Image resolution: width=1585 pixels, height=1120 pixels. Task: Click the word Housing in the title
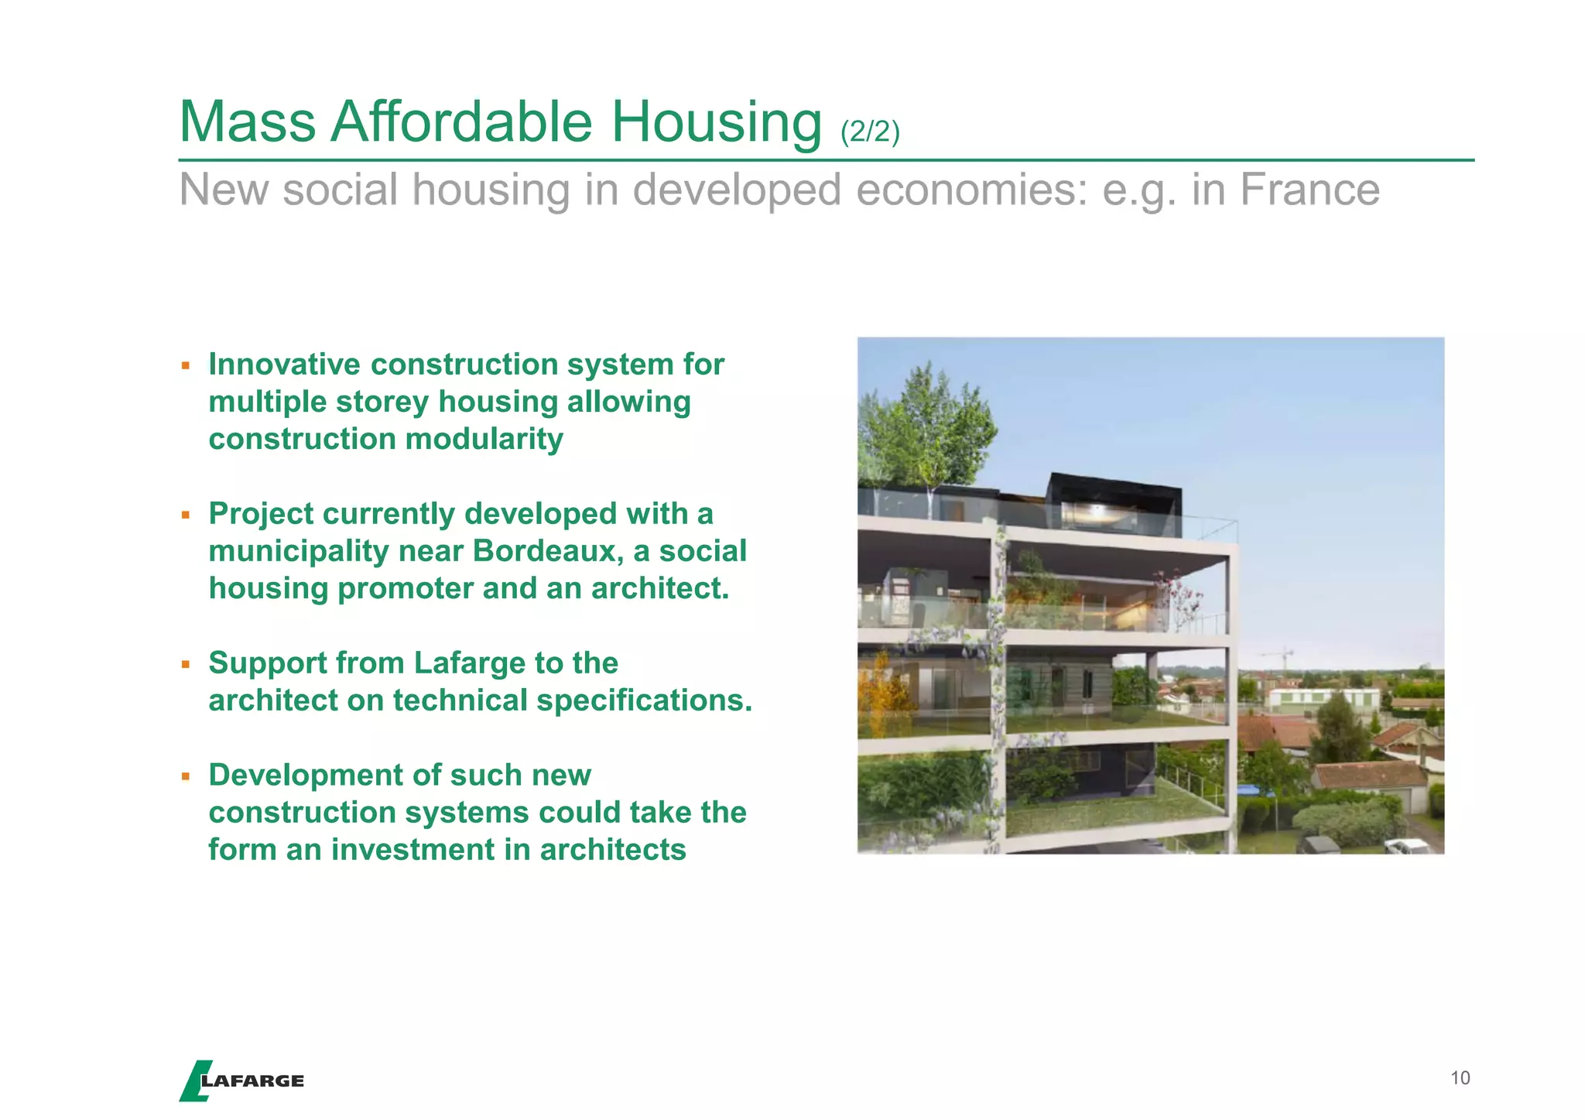(x=716, y=122)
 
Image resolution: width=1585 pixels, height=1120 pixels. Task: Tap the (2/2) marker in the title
(x=870, y=132)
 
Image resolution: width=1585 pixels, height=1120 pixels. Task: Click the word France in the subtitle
(x=1309, y=190)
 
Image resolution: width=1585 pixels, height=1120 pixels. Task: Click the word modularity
(x=484, y=439)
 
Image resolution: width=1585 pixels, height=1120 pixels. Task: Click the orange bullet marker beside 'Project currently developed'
(x=186, y=514)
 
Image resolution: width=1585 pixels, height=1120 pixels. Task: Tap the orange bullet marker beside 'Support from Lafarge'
(x=186, y=663)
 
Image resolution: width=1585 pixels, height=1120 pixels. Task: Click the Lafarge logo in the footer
(x=241, y=1081)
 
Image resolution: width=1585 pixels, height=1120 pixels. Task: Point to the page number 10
(x=1460, y=1078)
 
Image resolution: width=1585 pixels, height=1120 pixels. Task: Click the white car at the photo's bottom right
(x=1407, y=846)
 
